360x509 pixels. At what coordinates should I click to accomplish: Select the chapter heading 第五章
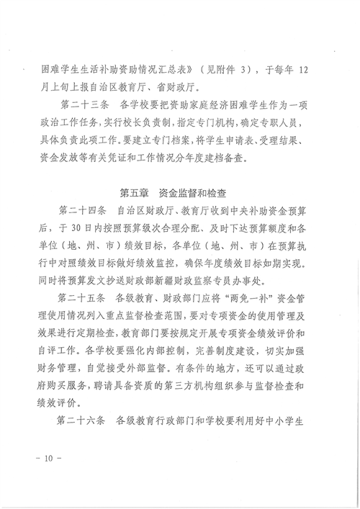click(x=132, y=192)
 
